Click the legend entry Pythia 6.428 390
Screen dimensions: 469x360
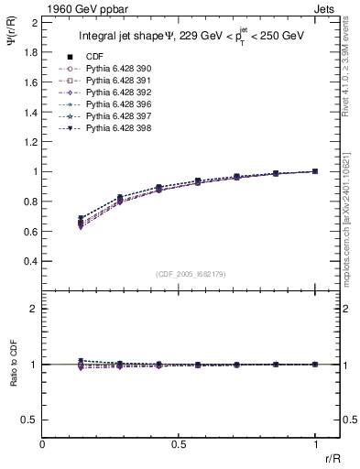pyautogui.click(x=114, y=69)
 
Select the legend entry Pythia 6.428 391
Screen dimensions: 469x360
pyautogui.click(x=114, y=81)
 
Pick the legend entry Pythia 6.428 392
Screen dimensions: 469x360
pyautogui.click(x=114, y=93)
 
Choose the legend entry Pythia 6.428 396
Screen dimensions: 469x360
pyautogui.click(x=114, y=104)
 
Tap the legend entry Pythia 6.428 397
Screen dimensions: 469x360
pyautogui.click(x=114, y=116)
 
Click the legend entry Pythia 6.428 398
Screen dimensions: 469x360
pyautogui.click(x=114, y=128)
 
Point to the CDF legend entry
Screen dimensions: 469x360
pyautogui.click(x=93, y=57)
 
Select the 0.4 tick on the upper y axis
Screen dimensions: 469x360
pyautogui.click(x=30, y=261)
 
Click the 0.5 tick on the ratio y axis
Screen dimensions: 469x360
pyautogui.click(x=30, y=420)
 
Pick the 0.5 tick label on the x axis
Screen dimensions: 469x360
pyautogui.click(x=179, y=444)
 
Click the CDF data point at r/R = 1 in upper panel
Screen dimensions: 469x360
pyautogui.click(x=315, y=171)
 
